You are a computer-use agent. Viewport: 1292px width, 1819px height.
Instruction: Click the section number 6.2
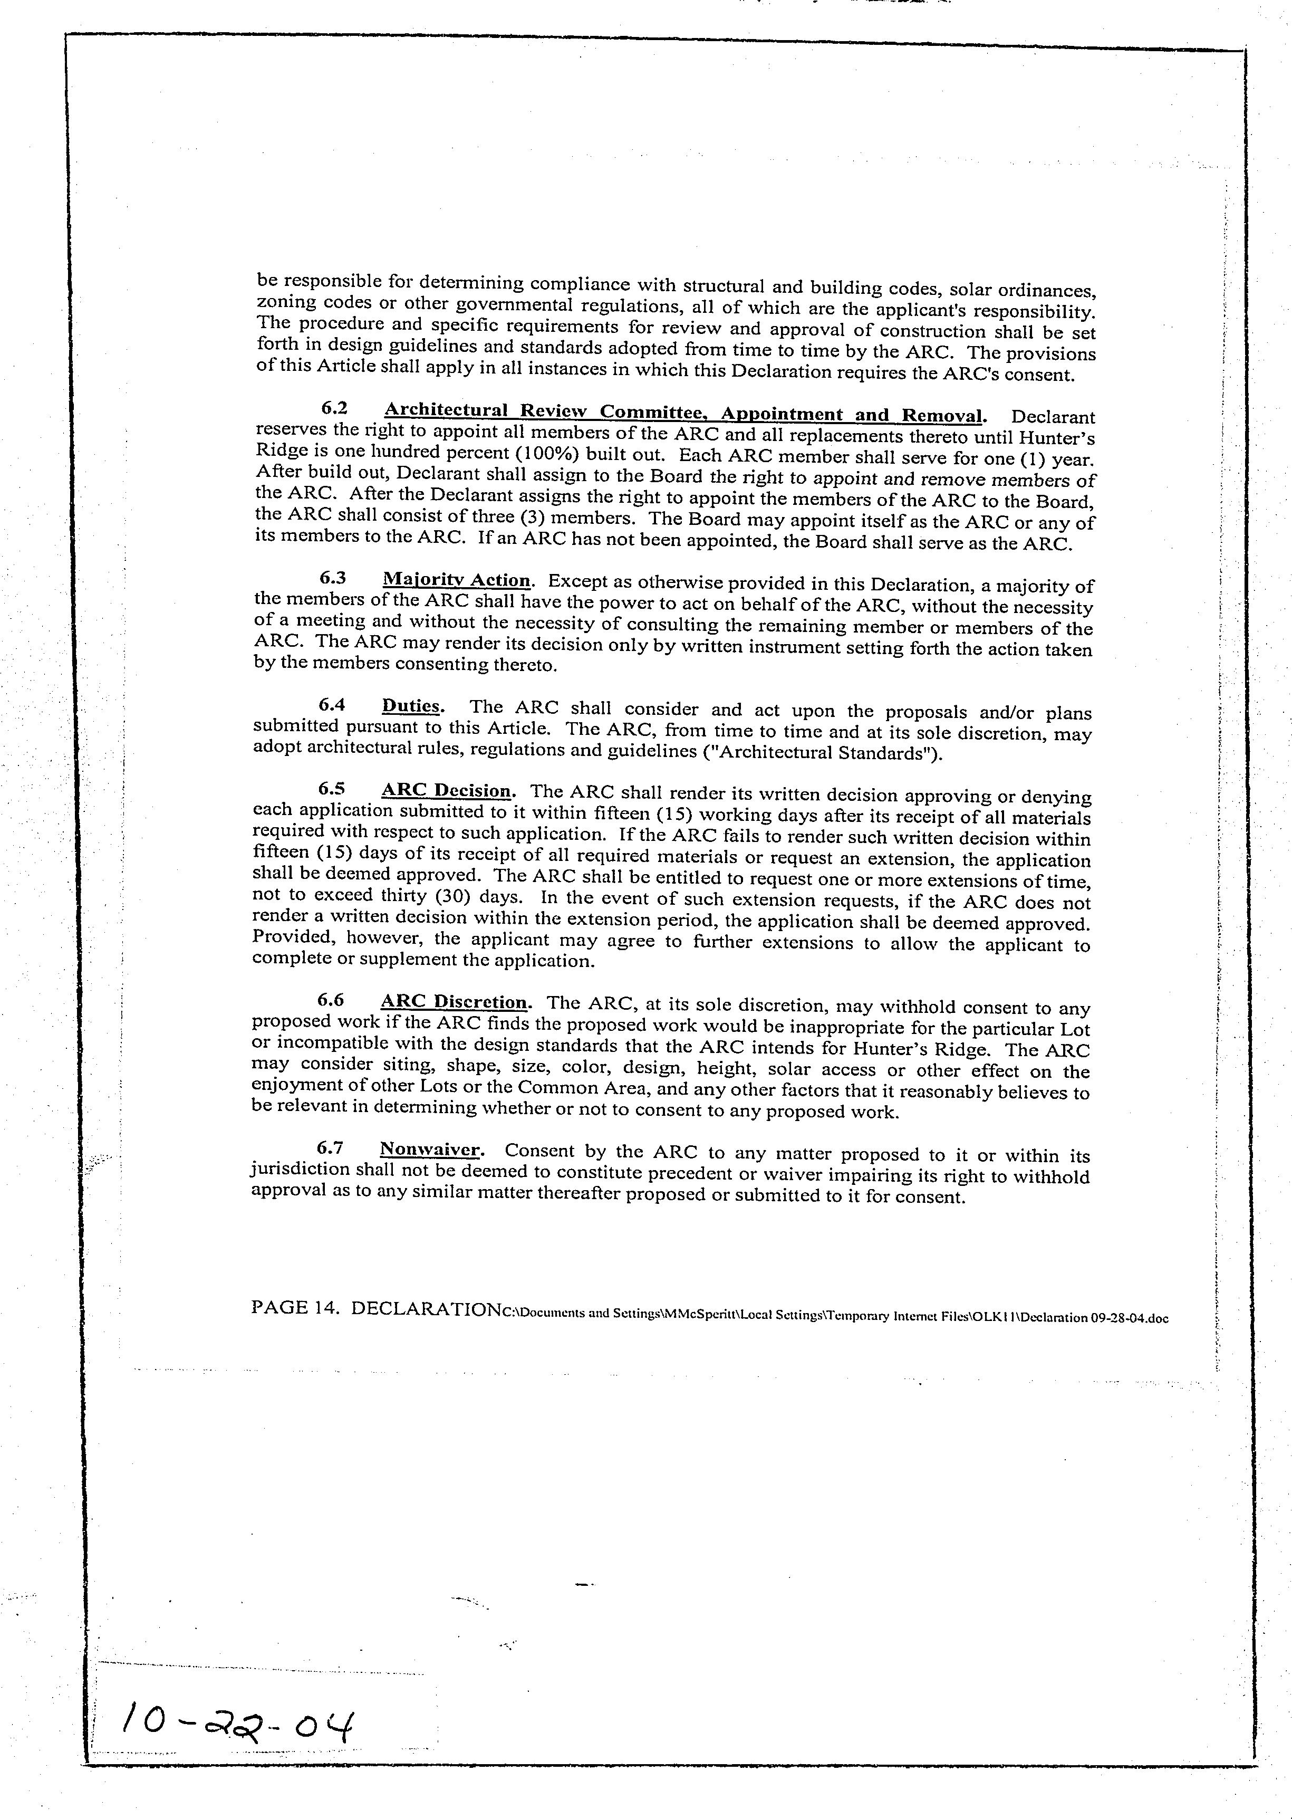334,408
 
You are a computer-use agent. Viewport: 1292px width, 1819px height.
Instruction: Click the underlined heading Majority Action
456,580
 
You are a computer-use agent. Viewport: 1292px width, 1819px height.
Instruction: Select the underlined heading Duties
411,706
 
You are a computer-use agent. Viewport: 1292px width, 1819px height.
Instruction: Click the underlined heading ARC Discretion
454,1002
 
